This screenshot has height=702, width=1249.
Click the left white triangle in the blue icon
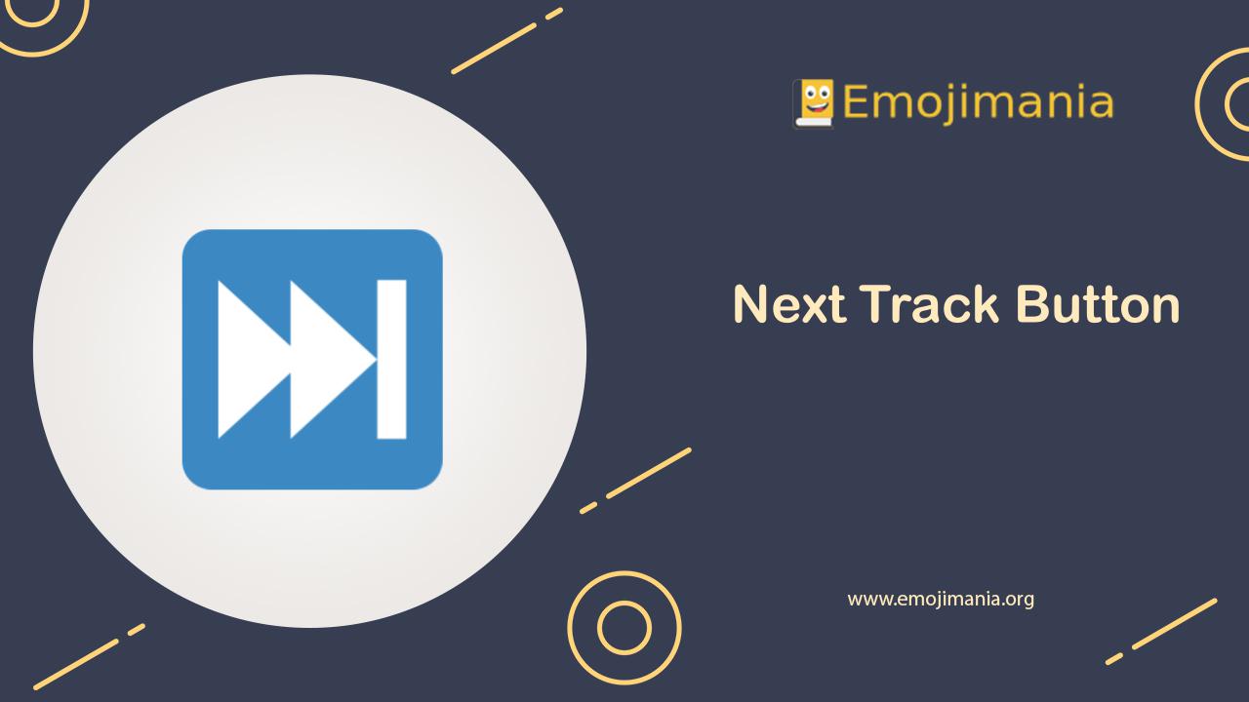pyautogui.click(x=244, y=359)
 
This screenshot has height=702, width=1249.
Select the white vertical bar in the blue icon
pyautogui.click(x=391, y=359)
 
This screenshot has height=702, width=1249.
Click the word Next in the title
pyautogui.click(x=787, y=305)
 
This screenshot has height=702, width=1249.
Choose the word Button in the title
pyautogui.click(x=1098, y=305)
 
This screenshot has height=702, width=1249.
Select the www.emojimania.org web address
pyautogui.click(x=941, y=599)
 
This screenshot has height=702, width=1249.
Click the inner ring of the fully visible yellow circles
pyautogui.click(x=624, y=627)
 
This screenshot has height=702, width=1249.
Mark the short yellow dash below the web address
pyautogui.click(x=1114, y=658)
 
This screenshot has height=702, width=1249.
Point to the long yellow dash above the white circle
pyautogui.click(x=495, y=48)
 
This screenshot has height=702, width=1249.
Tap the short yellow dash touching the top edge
pyautogui.click(x=554, y=13)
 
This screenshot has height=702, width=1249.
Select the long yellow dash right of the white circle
pyautogui.click(x=648, y=473)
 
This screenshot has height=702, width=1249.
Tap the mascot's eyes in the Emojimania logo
pyautogui.click(x=815, y=94)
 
